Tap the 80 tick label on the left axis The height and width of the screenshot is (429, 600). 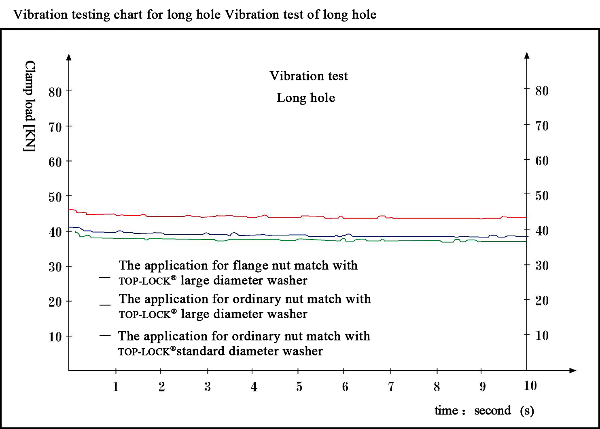point(55,92)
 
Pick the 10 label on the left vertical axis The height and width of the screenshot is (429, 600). point(55,337)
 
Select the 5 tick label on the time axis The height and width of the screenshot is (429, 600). point(299,387)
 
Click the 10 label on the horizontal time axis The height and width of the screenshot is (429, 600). point(530,386)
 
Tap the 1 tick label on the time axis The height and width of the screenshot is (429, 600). point(116,387)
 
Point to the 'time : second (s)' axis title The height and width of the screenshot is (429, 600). point(484,411)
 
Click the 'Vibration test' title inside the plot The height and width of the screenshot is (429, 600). point(309,76)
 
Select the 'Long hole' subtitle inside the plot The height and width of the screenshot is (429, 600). point(306,98)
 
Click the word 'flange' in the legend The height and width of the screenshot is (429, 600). point(248,265)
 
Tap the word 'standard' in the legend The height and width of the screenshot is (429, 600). point(201,351)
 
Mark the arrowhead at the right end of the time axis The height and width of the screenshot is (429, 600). point(572,370)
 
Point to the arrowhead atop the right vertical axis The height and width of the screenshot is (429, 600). point(527,55)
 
